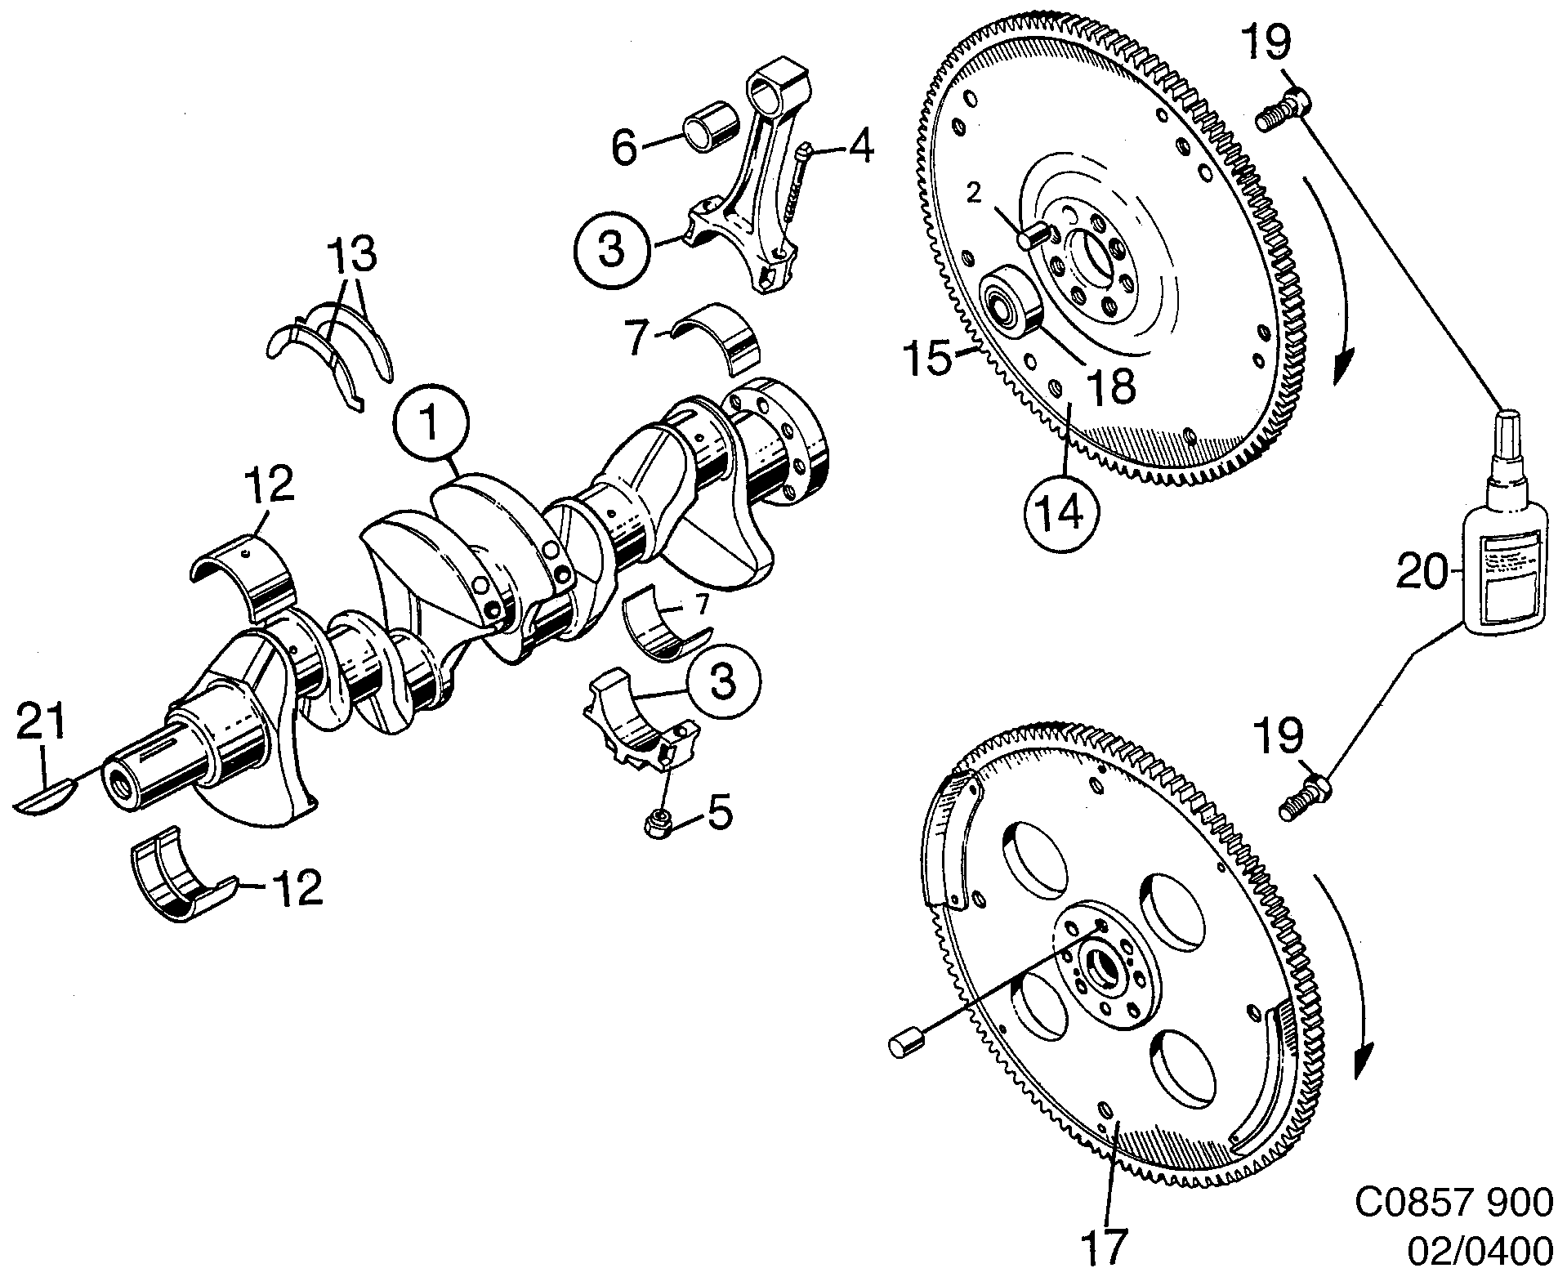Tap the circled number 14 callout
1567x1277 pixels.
[1060, 511]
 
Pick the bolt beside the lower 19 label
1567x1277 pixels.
[1305, 797]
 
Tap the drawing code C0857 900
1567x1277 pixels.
[1453, 1202]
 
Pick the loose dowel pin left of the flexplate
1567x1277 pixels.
[906, 1044]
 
